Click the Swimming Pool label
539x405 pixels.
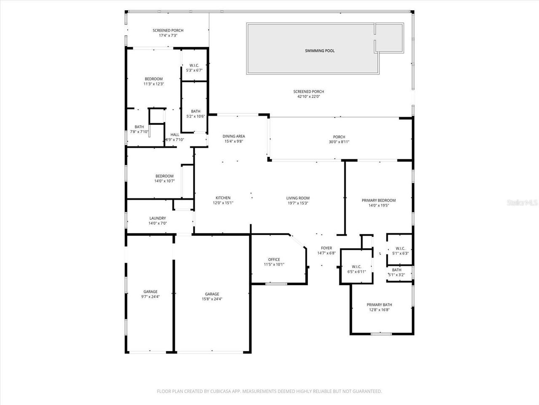pos(320,51)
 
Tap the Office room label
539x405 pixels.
pos(274,259)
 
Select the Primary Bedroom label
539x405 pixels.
pos(379,200)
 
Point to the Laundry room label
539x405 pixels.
pos(157,218)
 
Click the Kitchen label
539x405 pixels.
pos(223,198)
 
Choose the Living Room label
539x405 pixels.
pos(298,198)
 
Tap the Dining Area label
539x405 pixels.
pos(234,136)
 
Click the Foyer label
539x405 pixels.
pos(326,248)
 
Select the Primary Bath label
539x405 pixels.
pos(379,305)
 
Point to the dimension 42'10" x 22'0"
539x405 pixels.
pos(309,97)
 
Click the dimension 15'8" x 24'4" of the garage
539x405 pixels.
pos(212,299)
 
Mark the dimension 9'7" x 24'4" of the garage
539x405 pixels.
pos(150,297)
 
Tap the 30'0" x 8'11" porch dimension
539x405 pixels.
pos(339,142)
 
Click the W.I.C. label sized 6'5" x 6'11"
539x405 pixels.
pos(356,267)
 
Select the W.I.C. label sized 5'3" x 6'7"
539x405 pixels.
pos(194,65)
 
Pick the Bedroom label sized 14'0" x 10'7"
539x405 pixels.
pos(164,176)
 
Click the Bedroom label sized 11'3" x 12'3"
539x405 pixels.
pos(153,79)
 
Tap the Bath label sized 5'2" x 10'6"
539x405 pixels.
pos(195,111)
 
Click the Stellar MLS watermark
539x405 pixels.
pos(522,203)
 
